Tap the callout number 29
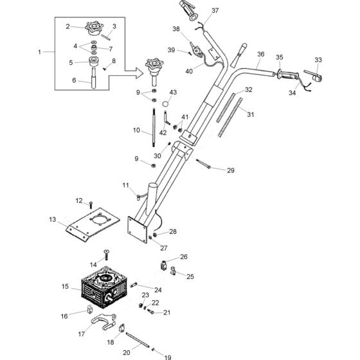(x=231, y=170)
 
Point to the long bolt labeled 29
(x=203, y=164)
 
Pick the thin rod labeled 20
(x=138, y=340)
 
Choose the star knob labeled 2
(x=93, y=28)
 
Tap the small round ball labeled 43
(x=165, y=104)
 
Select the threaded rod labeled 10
(x=153, y=127)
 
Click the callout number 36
(x=260, y=54)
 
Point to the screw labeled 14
(x=106, y=255)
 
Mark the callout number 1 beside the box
(x=39, y=52)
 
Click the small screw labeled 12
(x=91, y=205)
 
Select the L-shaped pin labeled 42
(x=166, y=118)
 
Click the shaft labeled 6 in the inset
(x=94, y=78)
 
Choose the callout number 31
(x=251, y=114)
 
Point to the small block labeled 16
(x=89, y=309)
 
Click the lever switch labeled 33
(x=314, y=76)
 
